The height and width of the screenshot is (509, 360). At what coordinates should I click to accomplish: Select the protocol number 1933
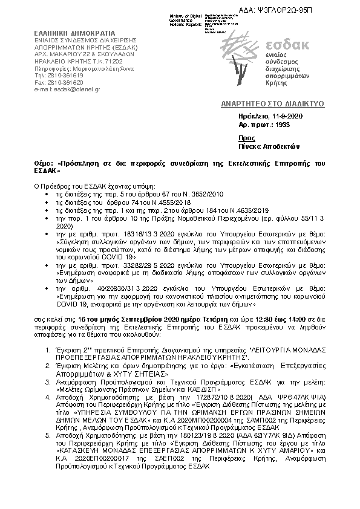281,125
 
